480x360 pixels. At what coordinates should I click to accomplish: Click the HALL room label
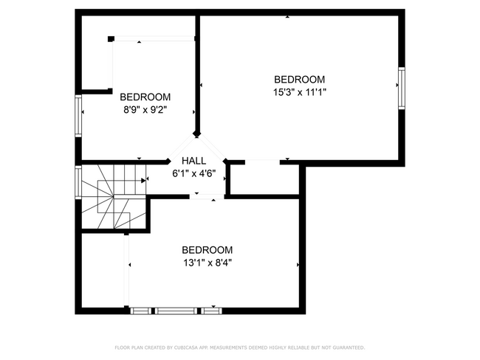click(194, 161)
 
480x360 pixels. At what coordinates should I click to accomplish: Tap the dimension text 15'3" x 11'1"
click(299, 92)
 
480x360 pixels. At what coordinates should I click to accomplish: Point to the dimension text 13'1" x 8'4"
click(208, 262)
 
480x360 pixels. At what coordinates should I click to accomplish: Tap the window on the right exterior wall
click(402, 89)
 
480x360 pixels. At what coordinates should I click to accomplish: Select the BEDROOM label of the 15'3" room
click(299, 80)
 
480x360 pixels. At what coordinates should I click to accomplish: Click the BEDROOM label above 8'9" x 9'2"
click(145, 97)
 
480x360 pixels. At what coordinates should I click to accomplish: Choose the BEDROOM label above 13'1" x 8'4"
click(208, 249)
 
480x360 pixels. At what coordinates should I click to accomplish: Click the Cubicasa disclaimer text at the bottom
click(239, 347)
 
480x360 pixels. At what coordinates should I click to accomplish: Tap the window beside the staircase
click(78, 182)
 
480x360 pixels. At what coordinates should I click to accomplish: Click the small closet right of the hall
click(263, 179)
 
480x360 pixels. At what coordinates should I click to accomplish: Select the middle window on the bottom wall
click(177, 311)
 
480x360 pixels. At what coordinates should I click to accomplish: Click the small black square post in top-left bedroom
click(111, 38)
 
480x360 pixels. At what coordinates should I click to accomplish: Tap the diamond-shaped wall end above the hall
click(196, 134)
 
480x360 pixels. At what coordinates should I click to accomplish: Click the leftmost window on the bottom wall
click(140, 311)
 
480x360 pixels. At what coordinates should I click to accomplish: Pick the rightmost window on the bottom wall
click(211, 311)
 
